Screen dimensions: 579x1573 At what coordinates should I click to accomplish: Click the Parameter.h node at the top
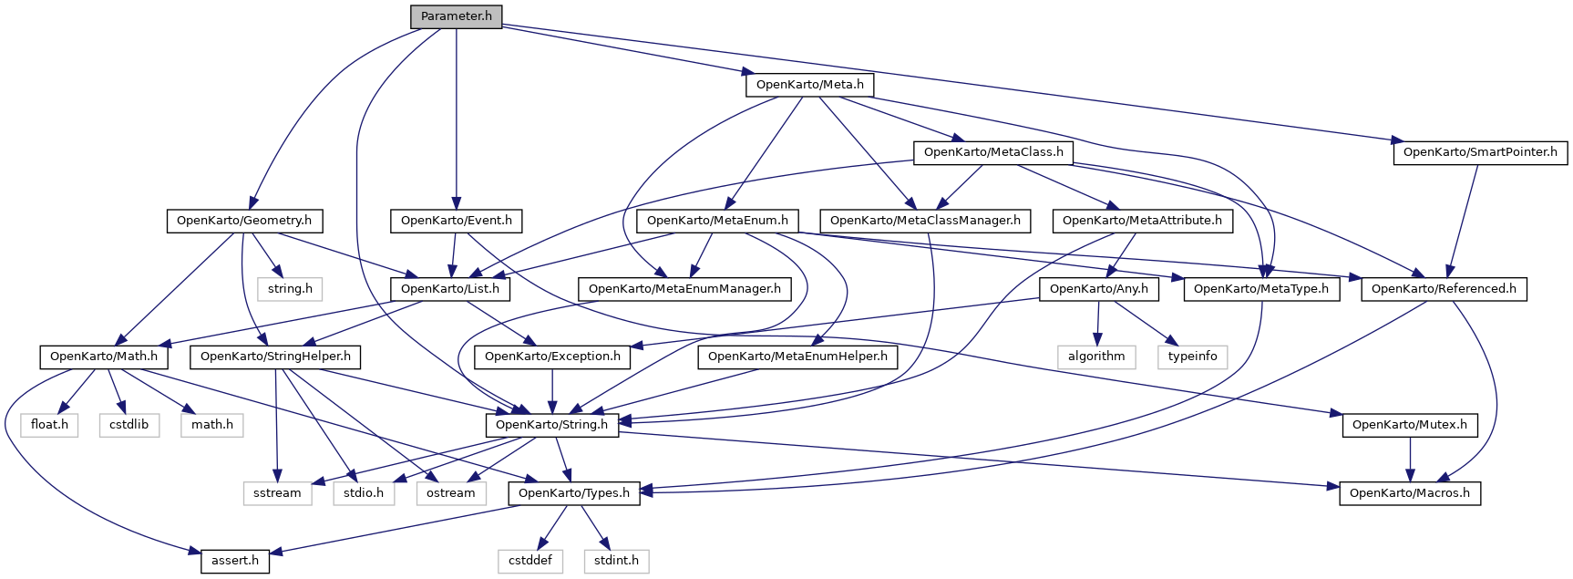click(456, 16)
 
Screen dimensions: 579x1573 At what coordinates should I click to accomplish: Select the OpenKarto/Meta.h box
click(809, 85)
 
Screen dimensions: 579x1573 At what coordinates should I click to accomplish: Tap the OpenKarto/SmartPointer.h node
click(1480, 152)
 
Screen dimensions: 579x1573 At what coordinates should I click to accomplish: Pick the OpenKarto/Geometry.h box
click(243, 221)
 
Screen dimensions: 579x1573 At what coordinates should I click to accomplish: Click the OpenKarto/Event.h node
click(456, 221)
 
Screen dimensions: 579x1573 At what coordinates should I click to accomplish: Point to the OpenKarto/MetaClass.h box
click(993, 152)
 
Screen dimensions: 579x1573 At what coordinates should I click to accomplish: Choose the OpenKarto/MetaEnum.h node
click(718, 221)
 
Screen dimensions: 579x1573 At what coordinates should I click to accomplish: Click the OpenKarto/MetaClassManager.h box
click(925, 221)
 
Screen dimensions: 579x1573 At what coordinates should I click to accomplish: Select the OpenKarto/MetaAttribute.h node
click(1142, 221)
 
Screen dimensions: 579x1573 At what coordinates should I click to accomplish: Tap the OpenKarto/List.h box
click(450, 289)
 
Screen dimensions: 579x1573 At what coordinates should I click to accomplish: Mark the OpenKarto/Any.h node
click(1099, 289)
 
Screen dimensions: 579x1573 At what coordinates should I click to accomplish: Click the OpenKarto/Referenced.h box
click(1444, 289)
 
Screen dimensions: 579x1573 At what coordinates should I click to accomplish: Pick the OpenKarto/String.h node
click(551, 425)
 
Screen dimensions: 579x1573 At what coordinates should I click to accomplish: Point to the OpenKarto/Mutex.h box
click(1410, 425)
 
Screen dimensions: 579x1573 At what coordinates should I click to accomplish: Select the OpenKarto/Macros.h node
click(1410, 493)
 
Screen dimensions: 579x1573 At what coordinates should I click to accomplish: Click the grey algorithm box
click(1096, 357)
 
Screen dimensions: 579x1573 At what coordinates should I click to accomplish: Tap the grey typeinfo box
click(1193, 357)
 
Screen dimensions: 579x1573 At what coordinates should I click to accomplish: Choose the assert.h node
click(235, 561)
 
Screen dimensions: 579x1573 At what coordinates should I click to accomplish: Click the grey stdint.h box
click(616, 561)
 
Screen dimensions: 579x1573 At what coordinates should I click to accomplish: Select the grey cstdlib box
click(129, 425)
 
